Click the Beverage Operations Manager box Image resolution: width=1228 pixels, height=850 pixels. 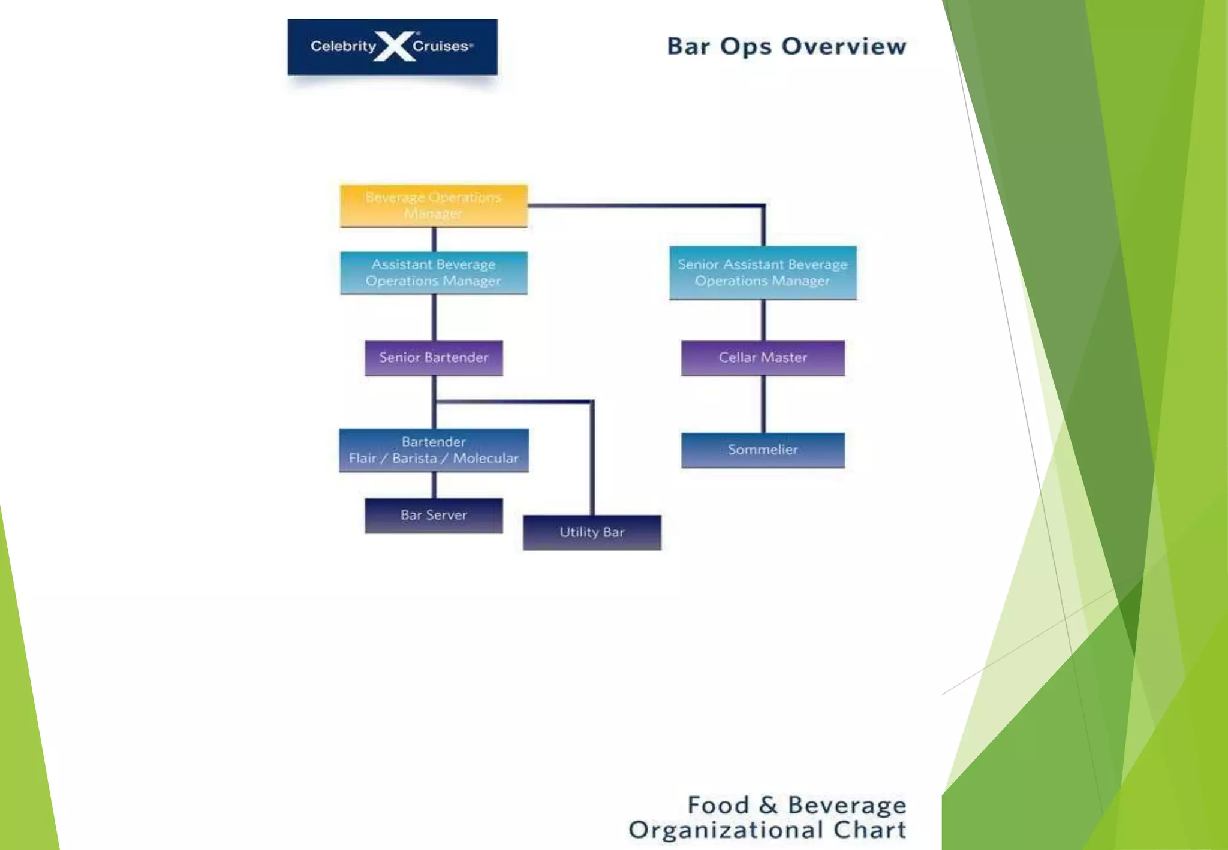pyautogui.click(x=434, y=206)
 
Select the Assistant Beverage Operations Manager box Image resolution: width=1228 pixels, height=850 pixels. pyautogui.click(x=434, y=273)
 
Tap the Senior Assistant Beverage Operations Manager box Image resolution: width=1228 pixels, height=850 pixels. pyautogui.click(x=763, y=273)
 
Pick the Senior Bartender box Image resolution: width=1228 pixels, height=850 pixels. pyautogui.click(x=434, y=358)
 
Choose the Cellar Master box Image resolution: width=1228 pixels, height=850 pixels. pyautogui.click(x=763, y=358)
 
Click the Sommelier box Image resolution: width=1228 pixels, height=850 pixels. pyautogui.click(x=763, y=450)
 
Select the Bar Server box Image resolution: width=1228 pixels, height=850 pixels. pyautogui.click(x=434, y=515)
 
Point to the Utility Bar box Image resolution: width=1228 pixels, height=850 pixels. pyautogui.click(x=592, y=532)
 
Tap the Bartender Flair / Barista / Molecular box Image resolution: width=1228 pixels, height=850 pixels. pyautogui.click(x=434, y=450)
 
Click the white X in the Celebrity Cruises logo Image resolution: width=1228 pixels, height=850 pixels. pyautogui.click(x=395, y=46)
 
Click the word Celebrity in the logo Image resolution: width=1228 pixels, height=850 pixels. pyautogui.click(x=343, y=46)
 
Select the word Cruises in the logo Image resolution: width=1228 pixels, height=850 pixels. pyautogui.click(x=441, y=46)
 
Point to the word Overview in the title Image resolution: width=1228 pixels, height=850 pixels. pyautogui.click(x=844, y=46)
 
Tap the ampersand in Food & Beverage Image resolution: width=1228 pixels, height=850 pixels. pyautogui.click(x=768, y=805)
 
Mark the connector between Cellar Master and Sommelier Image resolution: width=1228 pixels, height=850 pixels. pyautogui.click(x=763, y=404)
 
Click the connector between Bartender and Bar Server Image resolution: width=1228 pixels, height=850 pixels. pyautogui.click(x=434, y=485)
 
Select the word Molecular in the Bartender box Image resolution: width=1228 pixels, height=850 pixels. pyautogui.click(x=486, y=459)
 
